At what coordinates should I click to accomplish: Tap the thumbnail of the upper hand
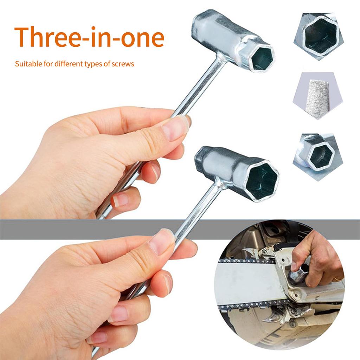click(x=174, y=128)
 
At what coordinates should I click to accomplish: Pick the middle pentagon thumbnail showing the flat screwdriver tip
click(x=317, y=95)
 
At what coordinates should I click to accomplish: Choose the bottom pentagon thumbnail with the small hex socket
click(x=317, y=154)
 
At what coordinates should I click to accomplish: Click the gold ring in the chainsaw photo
click(x=337, y=278)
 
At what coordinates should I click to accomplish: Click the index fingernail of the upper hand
click(x=174, y=128)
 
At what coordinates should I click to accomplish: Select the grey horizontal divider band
click(x=105, y=229)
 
